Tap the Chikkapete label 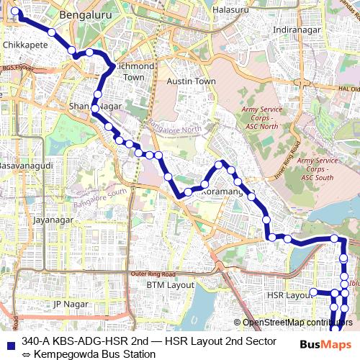(x=25, y=44)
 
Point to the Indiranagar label (x=296, y=30)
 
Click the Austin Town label (x=192, y=81)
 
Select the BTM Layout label (x=171, y=285)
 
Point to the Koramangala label (x=225, y=192)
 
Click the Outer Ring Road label (x=153, y=274)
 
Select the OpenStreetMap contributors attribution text (x=297, y=323)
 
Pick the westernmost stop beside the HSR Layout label (x=313, y=292)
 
